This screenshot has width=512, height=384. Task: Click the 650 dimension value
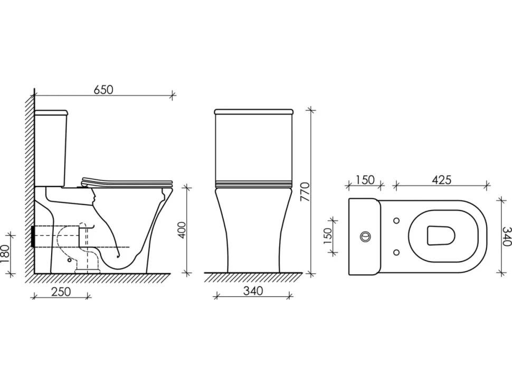pyautogui.click(x=103, y=89)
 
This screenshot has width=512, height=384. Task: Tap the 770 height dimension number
pyautogui.click(x=305, y=191)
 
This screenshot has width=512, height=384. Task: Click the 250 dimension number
pyautogui.click(x=61, y=291)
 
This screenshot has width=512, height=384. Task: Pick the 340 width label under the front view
pyautogui.click(x=253, y=291)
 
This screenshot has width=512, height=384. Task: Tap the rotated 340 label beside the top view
pyautogui.click(x=507, y=236)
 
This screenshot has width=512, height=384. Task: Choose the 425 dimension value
pyautogui.click(x=441, y=180)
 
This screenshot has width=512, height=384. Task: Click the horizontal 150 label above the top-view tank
pyautogui.click(x=364, y=180)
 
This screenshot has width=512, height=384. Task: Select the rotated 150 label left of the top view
pyautogui.click(x=327, y=234)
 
